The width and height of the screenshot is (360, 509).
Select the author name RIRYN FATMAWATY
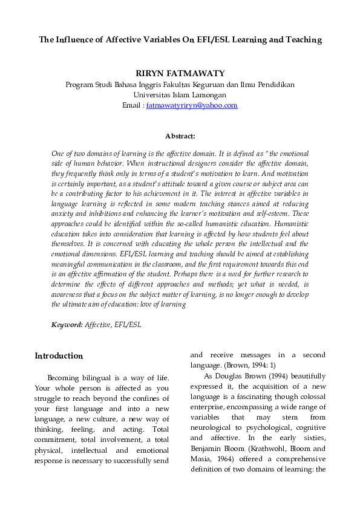tap(180, 73)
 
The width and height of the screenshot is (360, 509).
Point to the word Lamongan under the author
tap(208, 95)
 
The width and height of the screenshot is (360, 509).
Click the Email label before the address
tap(131, 105)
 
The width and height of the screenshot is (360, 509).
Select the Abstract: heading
tap(180, 137)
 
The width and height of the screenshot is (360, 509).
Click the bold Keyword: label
tap(67, 325)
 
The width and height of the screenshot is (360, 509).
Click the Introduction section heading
tap(58, 355)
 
